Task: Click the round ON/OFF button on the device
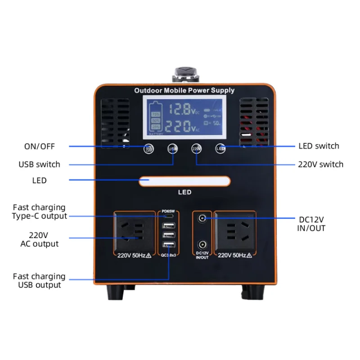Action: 148,148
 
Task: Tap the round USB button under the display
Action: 172,148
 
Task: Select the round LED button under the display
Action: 220,148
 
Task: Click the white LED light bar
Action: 184,181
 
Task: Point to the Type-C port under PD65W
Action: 168,216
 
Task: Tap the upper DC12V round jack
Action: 202,219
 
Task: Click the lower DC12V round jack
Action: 202,245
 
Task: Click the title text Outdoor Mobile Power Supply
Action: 184,90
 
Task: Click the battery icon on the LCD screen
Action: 156,118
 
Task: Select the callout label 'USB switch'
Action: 39,164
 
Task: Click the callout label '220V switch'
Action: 320,164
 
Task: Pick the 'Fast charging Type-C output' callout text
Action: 39,211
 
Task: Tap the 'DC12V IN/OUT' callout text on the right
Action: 312,224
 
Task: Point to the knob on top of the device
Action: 184,73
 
